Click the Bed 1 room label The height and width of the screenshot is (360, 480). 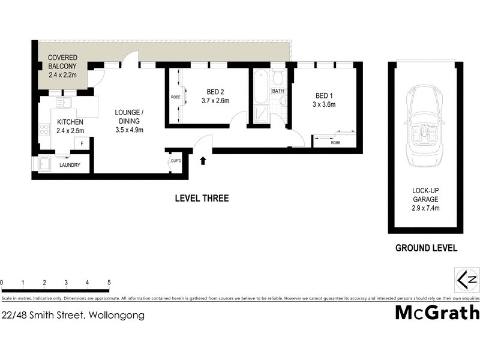[x=325, y=95]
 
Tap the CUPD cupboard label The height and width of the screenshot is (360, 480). [x=176, y=161]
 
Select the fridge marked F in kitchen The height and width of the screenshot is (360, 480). [x=82, y=144]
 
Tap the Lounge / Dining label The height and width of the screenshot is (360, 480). [x=129, y=116]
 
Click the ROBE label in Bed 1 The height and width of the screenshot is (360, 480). [x=335, y=142]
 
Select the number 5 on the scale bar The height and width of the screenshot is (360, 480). [x=109, y=282]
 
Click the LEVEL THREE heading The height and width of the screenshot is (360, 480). [x=202, y=199]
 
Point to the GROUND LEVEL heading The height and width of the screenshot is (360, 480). [x=426, y=248]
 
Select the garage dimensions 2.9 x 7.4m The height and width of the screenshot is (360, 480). [x=425, y=208]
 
